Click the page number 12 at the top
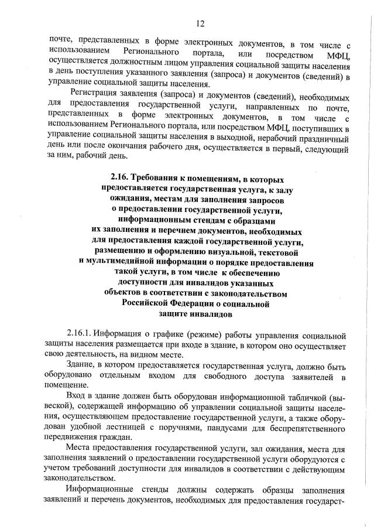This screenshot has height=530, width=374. coord(200,23)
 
